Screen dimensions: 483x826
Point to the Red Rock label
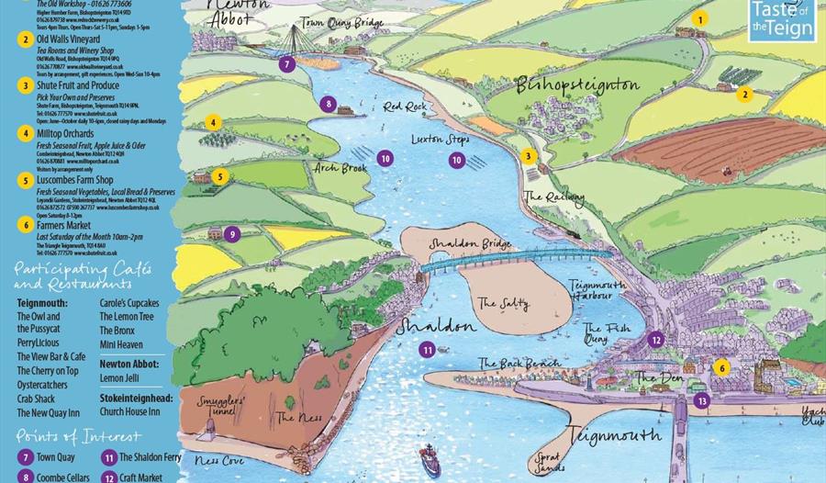click(405, 107)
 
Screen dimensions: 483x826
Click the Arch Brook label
click(339, 168)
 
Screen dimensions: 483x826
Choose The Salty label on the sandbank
click(501, 301)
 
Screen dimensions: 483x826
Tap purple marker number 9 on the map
click(232, 234)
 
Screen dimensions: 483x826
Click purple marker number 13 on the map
click(702, 400)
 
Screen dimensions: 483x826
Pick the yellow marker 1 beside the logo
click(700, 18)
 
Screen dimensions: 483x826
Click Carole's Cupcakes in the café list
click(128, 303)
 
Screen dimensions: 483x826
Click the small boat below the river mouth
click(429, 457)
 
